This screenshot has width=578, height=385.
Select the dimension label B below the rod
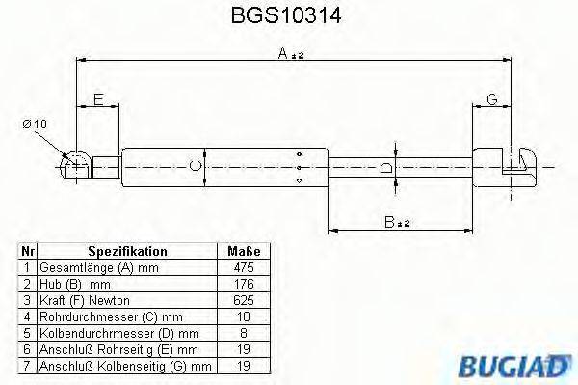tap(398, 222)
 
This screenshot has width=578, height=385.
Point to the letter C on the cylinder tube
tap(196, 166)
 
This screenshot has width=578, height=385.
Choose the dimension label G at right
tap(491, 99)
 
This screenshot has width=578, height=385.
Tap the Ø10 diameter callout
tap(35, 124)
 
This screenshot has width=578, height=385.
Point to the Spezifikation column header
tap(127, 250)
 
